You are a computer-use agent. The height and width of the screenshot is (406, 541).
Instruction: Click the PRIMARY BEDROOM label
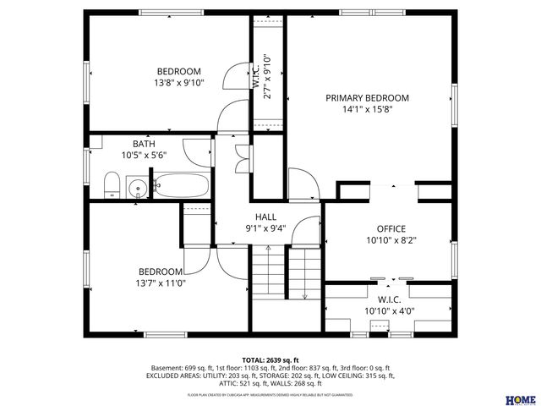coord(367,98)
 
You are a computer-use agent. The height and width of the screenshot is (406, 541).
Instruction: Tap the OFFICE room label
coord(391,228)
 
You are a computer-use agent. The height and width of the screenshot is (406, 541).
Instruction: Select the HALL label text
coord(265,217)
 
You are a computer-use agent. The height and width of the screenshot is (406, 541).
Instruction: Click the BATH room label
coord(144,144)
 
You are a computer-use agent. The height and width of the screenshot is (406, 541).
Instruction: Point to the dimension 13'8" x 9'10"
coord(178,84)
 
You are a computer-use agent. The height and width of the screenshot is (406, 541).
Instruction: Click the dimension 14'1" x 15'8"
coord(367,109)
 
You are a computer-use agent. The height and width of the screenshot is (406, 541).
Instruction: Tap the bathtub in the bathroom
coord(182,186)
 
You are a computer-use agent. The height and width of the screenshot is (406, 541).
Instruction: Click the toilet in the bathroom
coord(112,185)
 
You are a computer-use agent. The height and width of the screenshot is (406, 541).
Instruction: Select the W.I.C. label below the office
coord(390,299)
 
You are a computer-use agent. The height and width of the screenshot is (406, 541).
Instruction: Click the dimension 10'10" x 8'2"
coord(391,240)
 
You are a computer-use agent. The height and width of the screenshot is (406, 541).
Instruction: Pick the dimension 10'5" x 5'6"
coord(144,155)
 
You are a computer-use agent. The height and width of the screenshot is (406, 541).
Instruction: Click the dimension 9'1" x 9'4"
coord(265,228)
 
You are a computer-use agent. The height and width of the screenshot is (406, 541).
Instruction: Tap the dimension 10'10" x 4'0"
coord(390,311)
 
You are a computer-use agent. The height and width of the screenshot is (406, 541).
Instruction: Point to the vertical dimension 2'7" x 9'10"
coord(267,78)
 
